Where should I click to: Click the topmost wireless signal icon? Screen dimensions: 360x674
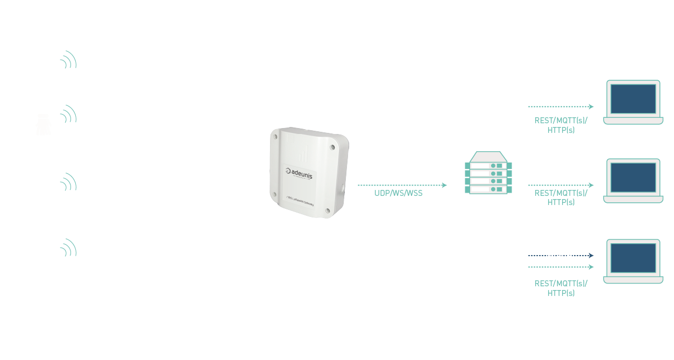point(68,60)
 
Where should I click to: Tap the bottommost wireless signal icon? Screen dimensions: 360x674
point(68,248)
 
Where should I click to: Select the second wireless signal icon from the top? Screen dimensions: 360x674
point(68,114)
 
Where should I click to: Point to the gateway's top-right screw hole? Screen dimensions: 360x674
point(332,146)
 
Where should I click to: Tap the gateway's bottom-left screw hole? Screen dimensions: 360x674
point(274,195)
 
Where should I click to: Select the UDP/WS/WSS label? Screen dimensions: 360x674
point(399,193)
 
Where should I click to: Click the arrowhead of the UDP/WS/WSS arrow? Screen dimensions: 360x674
point(444,185)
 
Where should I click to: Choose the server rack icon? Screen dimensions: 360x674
point(488,173)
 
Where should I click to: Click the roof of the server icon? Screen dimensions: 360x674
point(488,156)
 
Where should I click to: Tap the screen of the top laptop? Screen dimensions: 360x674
point(633,98)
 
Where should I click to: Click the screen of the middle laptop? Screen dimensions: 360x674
point(633,177)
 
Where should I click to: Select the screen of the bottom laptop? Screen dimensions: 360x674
point(633,258)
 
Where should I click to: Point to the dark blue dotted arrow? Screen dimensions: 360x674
point(561,256)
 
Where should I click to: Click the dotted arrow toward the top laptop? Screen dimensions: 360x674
point(561,107)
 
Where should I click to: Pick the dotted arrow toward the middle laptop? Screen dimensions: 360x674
point(561,185)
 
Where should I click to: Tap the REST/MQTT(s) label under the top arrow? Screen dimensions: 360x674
point(561,121)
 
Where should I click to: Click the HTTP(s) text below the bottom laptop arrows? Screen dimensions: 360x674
point(561,293)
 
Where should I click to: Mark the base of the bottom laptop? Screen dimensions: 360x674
point(633,280)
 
